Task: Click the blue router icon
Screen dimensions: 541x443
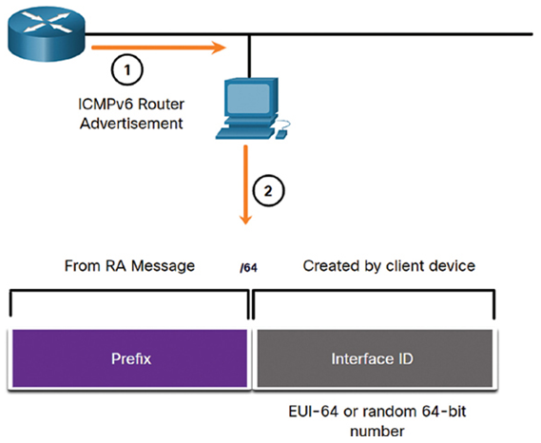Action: [x=47, y=35]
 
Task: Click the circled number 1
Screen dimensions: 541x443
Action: [x=127, y=69]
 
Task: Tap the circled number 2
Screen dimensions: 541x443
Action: [x=268, y=191]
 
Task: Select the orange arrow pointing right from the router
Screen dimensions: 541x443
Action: [x=159, y=48]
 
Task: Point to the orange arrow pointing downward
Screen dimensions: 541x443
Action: [x=245, y=185]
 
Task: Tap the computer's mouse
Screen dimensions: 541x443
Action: [x=282, y=133]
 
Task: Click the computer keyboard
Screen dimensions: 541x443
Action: [x=244, y=133]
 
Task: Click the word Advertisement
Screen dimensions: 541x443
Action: [x=131, y=124]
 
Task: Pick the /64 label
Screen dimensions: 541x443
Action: [x=248, y=268]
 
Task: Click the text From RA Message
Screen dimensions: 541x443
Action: [x=129, y=266]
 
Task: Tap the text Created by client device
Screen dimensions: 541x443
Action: [x=389, y=266]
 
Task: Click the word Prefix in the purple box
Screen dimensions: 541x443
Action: [x=131, y=358]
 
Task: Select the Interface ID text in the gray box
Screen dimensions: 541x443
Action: [x=372, y=358]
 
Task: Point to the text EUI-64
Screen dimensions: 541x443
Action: [x=313, y=412]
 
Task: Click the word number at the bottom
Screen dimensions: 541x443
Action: [x=377, y=432]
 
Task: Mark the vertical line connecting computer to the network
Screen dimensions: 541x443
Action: [x=249, y=57]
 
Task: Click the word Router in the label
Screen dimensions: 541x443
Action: [x=162, y=105]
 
